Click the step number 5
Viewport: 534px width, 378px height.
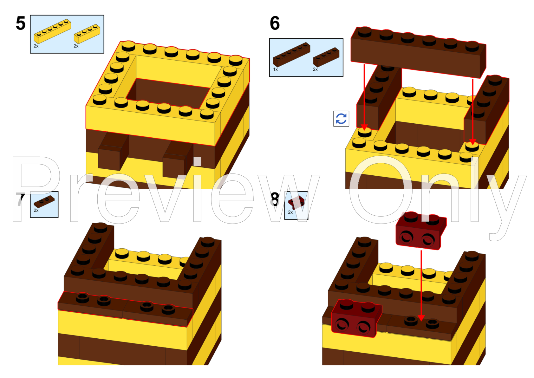tap(21, 23)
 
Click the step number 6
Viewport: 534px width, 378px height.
tap(275, 23)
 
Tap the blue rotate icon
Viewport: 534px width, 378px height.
tap(341, 119)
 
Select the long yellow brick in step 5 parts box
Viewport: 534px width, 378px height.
tap(52, 31)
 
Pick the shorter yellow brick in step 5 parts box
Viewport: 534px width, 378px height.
tap(87, 34)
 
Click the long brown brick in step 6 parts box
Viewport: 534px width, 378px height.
tap(291, 54)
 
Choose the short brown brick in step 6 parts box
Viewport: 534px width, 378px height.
tap(326, 57)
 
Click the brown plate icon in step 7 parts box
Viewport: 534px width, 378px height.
tap(44, 201)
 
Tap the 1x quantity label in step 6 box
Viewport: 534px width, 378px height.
tap(275, 69)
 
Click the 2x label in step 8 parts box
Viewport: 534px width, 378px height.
tap(290, 212)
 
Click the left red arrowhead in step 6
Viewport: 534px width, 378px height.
tap(364, 127)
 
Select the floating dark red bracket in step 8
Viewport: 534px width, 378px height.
tap(420, 231)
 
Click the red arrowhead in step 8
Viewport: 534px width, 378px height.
tap(421, 318)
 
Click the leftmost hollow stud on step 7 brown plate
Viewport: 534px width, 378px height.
tap(82, 297)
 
